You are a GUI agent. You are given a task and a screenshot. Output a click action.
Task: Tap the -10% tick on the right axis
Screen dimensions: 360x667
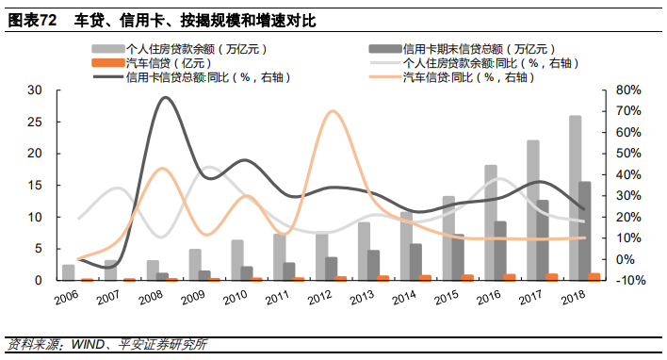pos(629,281)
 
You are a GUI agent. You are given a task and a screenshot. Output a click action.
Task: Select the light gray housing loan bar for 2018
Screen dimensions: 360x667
pos(575,198)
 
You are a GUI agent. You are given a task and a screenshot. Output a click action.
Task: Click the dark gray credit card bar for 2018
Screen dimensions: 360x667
pos(585,231)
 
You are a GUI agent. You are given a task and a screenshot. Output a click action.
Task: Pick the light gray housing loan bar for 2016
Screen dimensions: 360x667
pos(491,222)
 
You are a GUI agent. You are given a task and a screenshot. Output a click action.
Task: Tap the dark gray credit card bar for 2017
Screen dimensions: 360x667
pos(543,240)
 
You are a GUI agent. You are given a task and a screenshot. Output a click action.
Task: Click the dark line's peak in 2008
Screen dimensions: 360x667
pos(166,97)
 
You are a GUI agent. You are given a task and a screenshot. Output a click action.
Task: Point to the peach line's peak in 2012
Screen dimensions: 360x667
pos(333,111)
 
